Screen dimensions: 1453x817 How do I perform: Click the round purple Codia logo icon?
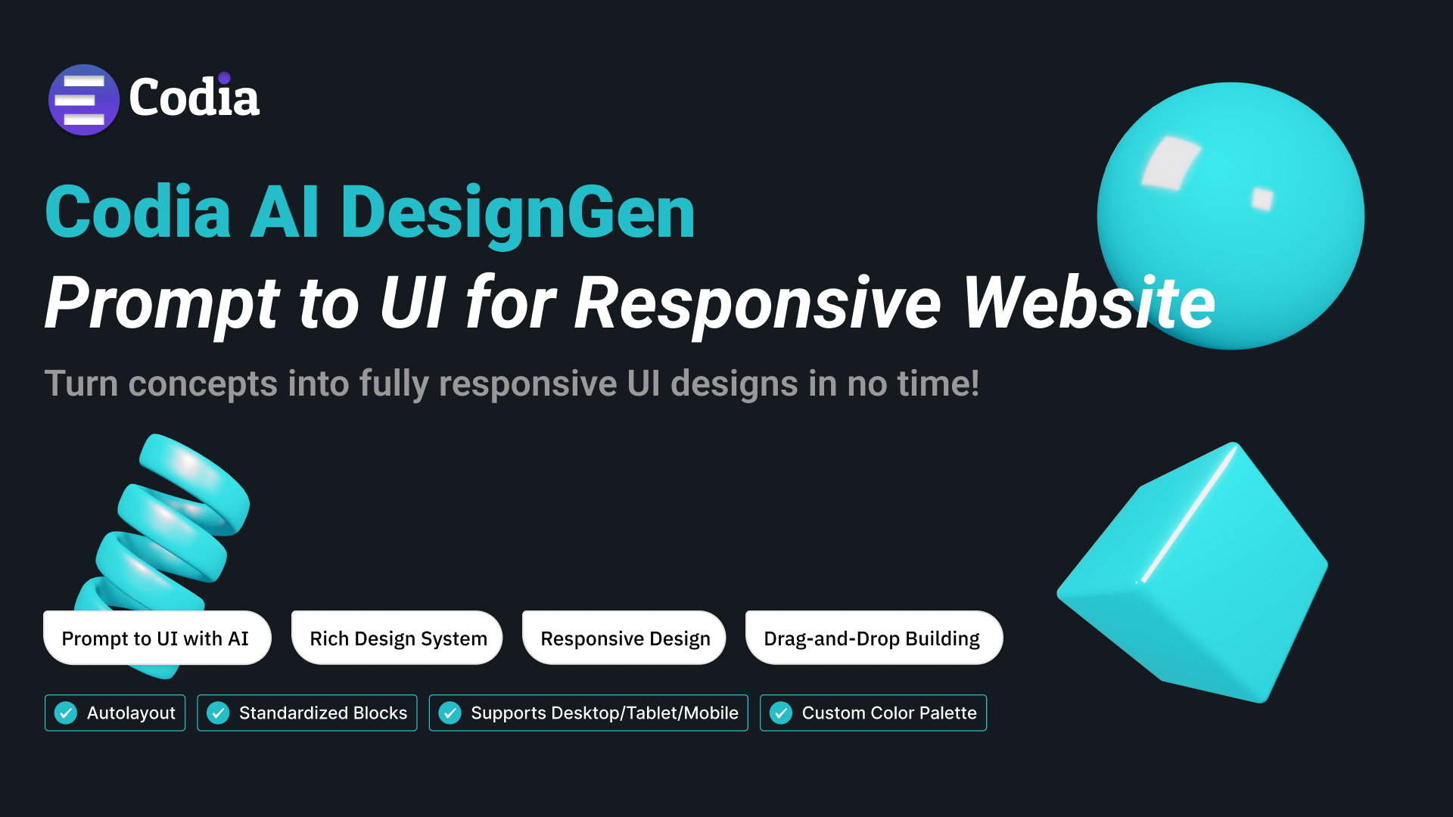click(84, 100)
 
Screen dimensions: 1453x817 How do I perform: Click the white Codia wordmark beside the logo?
click(194, 97)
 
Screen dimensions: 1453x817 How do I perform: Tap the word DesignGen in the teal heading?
click(518, 214)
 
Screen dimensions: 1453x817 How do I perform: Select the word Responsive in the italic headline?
click(758, 304)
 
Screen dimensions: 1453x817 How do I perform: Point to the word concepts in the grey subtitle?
click(203, 384)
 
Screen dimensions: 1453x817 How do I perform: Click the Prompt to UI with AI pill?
click(157, 638)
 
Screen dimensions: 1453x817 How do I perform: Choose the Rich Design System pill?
click(397, 638)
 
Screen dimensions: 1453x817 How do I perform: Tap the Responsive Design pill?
click(624, 638)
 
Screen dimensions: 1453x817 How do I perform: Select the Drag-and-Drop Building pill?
click(874, 638)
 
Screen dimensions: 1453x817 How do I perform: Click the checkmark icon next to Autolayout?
click(66, 713)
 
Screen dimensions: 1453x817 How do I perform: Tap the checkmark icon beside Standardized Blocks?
click(218, 713)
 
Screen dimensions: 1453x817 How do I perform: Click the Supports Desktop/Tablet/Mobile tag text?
click(605, 713)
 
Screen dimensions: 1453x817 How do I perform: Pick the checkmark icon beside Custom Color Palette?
click(781, 713)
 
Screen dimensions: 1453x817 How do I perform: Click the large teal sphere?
click(1231, 216)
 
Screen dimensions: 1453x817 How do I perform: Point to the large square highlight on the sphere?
click(1171, 163)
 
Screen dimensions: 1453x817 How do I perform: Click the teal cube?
click(1193, 573)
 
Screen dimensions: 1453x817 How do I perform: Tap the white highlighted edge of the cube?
click(1188, 514)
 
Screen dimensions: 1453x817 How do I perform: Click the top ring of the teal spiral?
click(194, 484)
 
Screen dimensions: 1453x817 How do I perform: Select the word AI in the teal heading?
click(285, 213)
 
